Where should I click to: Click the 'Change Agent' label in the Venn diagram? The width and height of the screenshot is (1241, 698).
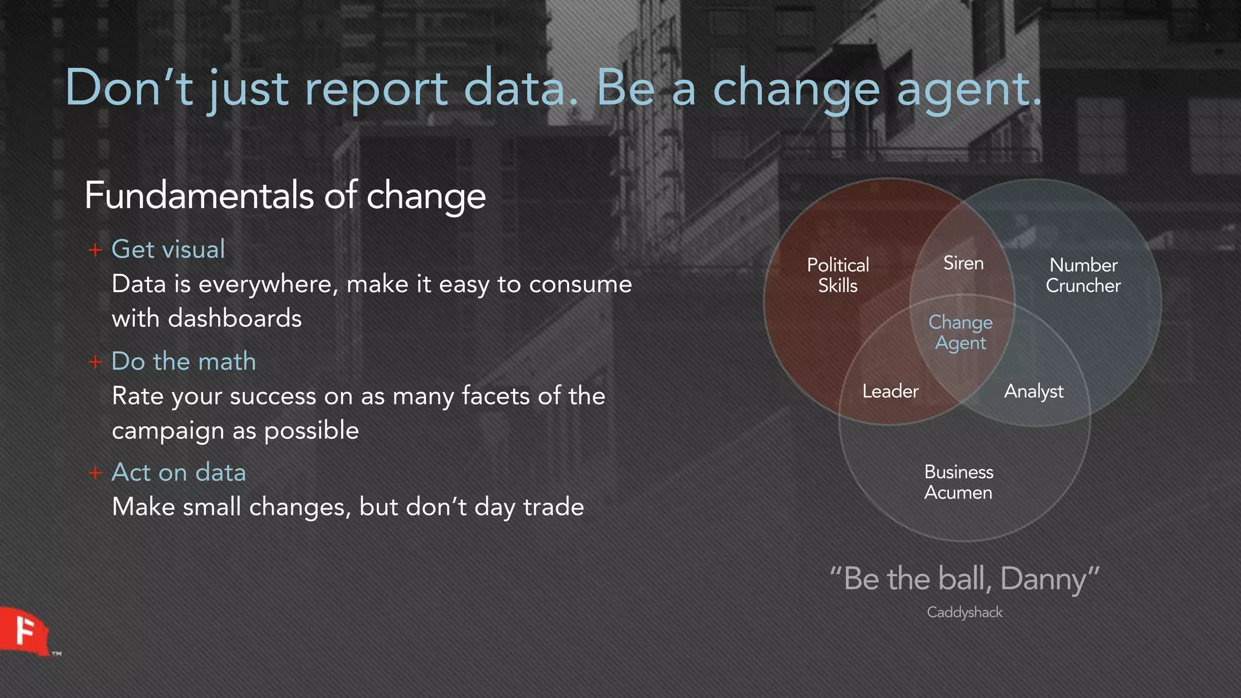tap(960, 332)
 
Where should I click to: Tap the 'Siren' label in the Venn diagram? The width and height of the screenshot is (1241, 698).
tap(963, 263)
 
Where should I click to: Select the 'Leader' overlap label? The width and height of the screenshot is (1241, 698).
tap(890, 391)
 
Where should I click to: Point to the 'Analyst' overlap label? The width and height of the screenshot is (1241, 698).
tap(1033, 391)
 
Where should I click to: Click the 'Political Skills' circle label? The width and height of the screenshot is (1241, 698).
tap(838, 275)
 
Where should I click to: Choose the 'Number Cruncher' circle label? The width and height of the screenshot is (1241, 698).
tap(1083, 275)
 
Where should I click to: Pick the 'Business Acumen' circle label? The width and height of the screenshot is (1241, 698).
tap(958, 482)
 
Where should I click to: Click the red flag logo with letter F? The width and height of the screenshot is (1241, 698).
tap(24, 631)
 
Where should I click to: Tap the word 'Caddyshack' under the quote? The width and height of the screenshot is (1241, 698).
tap(964, 612)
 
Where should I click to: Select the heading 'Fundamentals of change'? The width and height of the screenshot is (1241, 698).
tap(285, 195)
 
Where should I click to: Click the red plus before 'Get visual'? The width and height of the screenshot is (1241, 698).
tap(95, 250)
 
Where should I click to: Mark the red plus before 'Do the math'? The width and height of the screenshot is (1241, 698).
tap(95, 362)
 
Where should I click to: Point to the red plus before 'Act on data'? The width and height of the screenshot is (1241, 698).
tap(95, 473)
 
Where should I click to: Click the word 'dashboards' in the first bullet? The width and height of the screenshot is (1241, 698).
tap(235, 318)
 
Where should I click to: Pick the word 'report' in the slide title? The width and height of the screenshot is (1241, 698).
tap(375, 89)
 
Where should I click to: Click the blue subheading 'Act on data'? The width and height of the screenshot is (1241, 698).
tap(179, 473)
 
